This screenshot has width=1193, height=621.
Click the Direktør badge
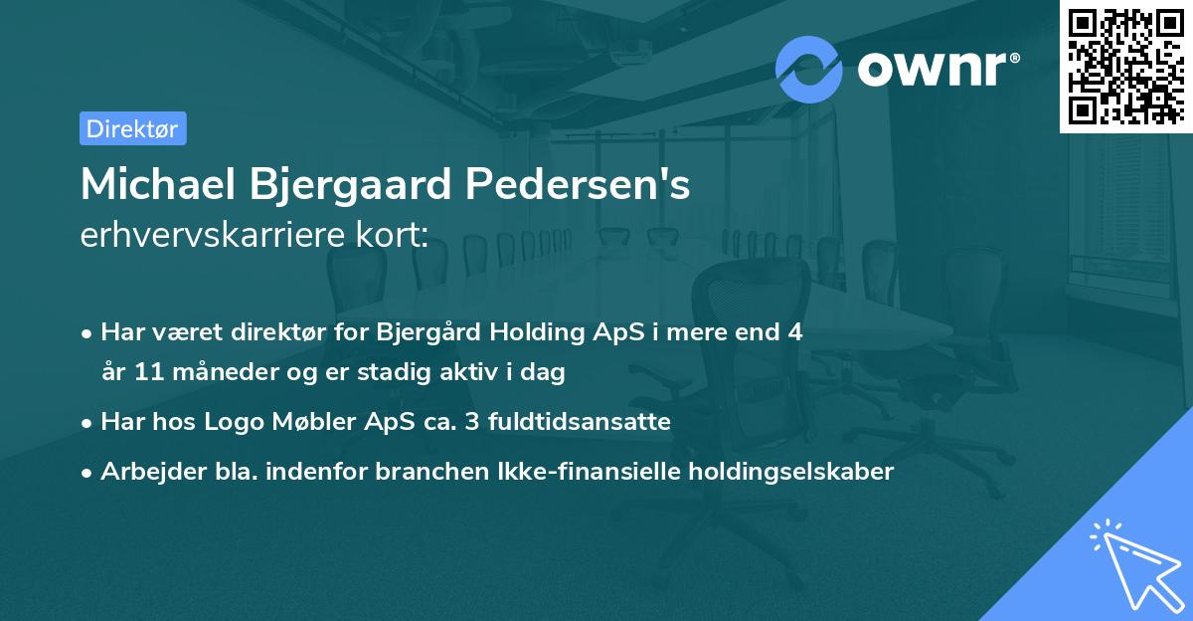click(132, 128)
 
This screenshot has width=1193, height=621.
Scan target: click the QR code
click(1124, 66)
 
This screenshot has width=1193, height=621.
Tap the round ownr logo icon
click(809, 70)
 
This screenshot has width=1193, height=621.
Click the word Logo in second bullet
click(235, 422)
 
